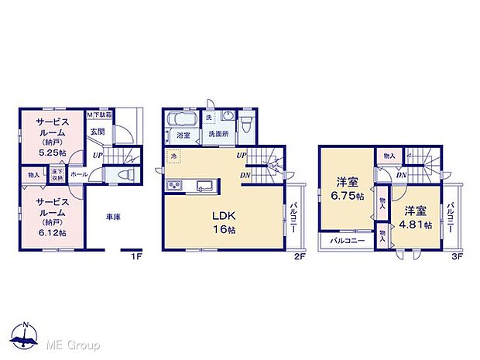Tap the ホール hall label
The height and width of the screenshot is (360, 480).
(78, 176)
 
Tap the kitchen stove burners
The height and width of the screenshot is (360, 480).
(174, 185)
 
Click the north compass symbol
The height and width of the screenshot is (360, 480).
(26, 334)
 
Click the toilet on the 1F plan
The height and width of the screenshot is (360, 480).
(122, 176)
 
